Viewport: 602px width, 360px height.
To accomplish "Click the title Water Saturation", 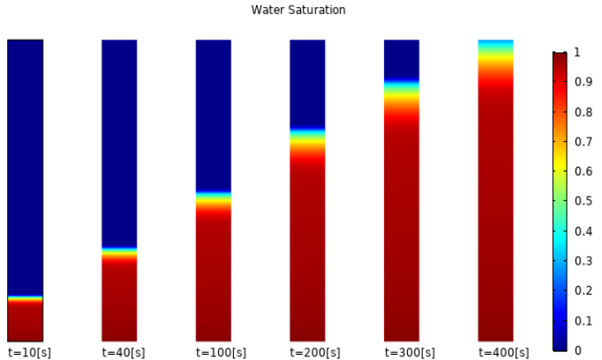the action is pos(298,10).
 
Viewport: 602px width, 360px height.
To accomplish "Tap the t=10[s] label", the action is pos(29,352).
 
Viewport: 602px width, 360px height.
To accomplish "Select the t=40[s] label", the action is pos(124,352).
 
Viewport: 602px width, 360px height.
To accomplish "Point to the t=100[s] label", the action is pos(221,352).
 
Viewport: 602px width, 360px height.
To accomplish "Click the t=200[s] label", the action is pos(315,352).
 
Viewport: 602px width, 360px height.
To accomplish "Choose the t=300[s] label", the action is pos(410,352).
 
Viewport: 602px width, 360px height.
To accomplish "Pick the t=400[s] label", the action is pos(504,352).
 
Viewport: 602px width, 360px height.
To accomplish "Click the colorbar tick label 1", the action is pos(576,52).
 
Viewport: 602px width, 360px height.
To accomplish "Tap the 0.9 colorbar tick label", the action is pos(583,82).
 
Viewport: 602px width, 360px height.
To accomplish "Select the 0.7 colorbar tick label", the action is pos(583,142).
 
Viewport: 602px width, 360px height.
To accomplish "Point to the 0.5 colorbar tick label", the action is pos(583,201).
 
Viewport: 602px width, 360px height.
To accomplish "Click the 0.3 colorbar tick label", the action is pos(583,261).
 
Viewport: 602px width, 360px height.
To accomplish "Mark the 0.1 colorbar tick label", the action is pos(583,320).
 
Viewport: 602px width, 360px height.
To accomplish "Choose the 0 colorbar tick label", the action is pos(577,350).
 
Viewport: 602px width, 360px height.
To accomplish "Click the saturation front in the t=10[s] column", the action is pos(26,298).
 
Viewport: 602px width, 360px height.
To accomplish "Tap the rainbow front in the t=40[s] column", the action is pos(119,254).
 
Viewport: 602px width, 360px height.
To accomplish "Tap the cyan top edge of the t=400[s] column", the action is pos(496,43).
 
